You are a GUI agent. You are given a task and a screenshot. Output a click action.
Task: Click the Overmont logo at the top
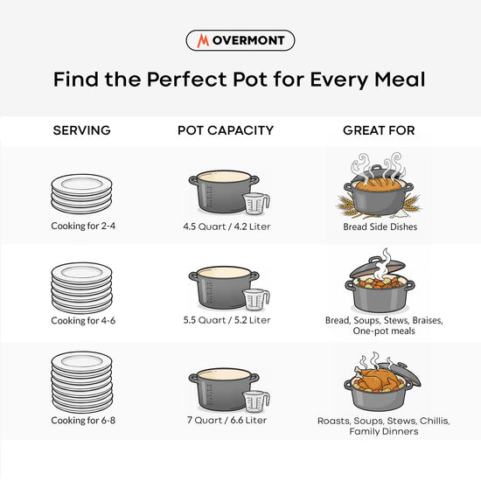(x=240, y=40)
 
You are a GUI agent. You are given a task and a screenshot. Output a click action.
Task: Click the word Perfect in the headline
(x=187, y=80)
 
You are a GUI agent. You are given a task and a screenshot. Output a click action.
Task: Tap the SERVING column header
(x=81, y=130)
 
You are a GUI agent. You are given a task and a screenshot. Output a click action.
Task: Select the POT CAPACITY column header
(x=226, y=130)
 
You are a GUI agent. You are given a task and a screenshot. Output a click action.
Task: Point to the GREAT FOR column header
(x=379, y=130)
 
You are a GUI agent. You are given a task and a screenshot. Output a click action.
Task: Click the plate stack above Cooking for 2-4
(x=81, y=194)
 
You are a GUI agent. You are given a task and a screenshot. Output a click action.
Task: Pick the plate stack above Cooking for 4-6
(x=81, y=288)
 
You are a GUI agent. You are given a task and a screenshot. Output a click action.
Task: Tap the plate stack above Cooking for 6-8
(x=82, y=382)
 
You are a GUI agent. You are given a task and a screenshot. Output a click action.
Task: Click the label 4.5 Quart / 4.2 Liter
(x=227, y=227)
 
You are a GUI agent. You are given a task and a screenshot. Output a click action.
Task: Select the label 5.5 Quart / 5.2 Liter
(x=227, y=320)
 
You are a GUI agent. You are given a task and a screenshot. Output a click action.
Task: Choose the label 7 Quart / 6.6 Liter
(x=227, y=421)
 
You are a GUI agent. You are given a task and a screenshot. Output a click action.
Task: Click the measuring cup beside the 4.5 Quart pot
(x=256, y=204)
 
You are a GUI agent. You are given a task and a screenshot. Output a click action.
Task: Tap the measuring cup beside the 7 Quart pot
(x=256, y=401)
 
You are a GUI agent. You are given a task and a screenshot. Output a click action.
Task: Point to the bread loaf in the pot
(x=378, y=185)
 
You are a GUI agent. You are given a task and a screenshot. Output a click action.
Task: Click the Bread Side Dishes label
(x=380, y=227)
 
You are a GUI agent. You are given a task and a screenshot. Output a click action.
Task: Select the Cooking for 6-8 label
(x=83, y=421)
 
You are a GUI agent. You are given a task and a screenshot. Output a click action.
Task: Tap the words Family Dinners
(x=384, y=432)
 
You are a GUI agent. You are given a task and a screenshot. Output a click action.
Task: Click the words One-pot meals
(x=384, y=331)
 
